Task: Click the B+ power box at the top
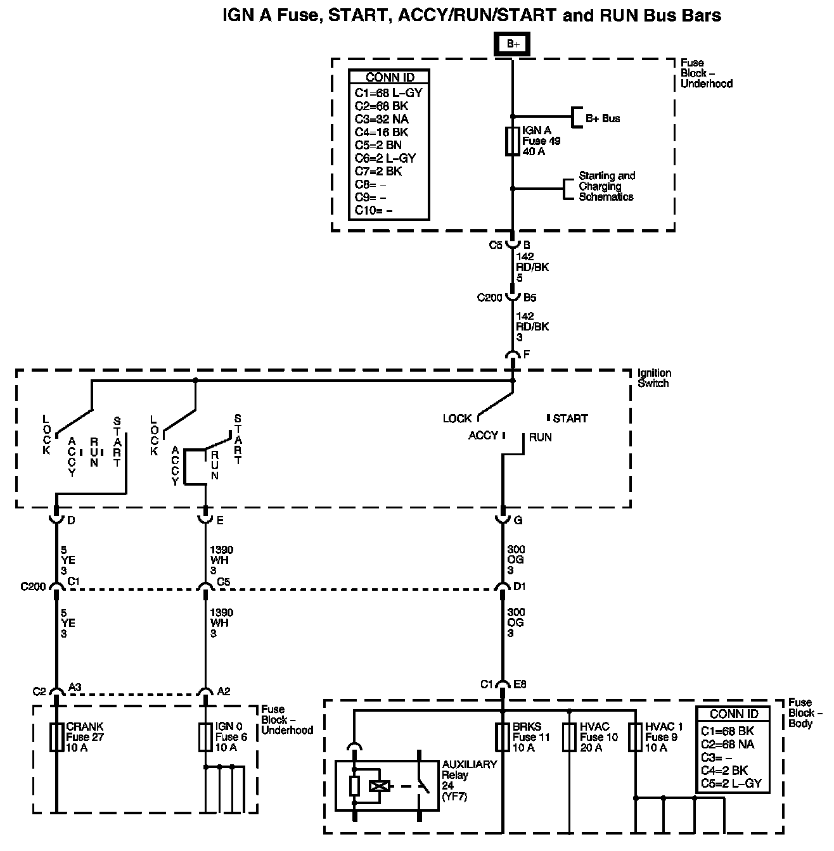[x=512, y=44]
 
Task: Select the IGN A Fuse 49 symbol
[x=512, y=141]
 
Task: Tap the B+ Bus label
[x=602, y=118]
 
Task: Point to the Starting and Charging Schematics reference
[x=606, y=186]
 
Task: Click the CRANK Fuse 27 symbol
[x=56, y=737]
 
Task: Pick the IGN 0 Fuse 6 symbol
[x=205, y=737]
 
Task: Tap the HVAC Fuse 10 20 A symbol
[x=569, y=737]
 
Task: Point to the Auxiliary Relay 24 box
[x=386, y=785]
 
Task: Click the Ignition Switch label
[x=653, y=378]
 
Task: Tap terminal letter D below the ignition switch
[x=70, y=521]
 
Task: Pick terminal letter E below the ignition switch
[x=219, y=521]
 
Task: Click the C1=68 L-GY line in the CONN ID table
[x=388, y=92]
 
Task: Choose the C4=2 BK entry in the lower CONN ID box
[x=725, y=771]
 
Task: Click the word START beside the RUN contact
[x=570, y=419]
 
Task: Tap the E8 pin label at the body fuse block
[x=520, y=684]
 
